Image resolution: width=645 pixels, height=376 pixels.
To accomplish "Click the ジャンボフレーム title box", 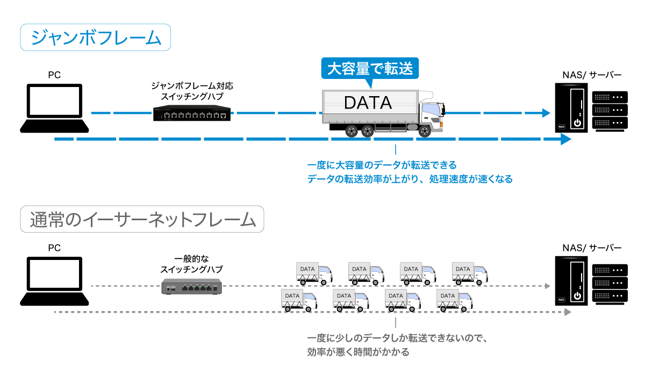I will (x=96, y=38).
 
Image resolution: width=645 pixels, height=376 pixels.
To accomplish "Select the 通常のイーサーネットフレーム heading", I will (x=142, y=219).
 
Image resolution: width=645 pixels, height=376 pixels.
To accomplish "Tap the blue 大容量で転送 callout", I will (x=369, y=69).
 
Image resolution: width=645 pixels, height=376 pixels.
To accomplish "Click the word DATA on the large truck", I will (x=368, y=102).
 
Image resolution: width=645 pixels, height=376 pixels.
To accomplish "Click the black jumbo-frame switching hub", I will (x=192, y=114).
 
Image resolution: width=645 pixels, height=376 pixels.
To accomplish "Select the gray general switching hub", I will (x=192, y=287).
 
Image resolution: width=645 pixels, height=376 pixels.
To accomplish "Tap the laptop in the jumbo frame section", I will (x=54, y=109).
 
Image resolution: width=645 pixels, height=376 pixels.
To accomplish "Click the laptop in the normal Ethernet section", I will (x=54, y=281).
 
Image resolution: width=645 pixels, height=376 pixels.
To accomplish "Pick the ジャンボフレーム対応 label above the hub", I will (x=192, y=86).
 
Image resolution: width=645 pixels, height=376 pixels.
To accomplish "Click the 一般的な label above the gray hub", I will (x=192, y=258).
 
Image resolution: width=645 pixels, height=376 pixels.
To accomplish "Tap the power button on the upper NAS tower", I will (x=577, y=122).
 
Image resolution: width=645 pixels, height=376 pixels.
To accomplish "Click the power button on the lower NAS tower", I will (x=577, y=295).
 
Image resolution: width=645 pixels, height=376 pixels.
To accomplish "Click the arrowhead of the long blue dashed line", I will (x=565, y=140).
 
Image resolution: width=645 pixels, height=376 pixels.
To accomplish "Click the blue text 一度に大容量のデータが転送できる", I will (x=382, y=165).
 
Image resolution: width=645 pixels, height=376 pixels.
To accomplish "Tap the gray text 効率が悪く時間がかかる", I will (x=359, y=352).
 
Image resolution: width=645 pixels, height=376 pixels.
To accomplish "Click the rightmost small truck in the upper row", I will (x=471, y=272).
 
